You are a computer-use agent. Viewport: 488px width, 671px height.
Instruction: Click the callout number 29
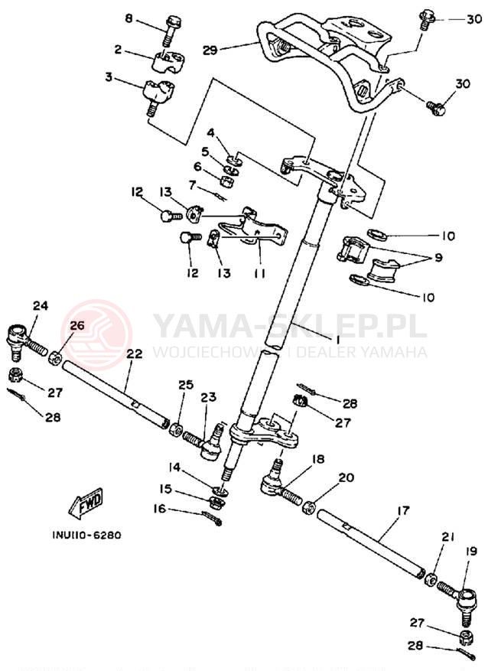[x=210, y=50]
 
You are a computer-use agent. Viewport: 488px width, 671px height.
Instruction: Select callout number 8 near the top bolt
[x=128, y=18]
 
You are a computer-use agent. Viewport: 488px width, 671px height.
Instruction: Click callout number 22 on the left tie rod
[x=135, y=354]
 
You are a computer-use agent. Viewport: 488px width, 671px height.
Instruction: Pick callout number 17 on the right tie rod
[x=403, y=509]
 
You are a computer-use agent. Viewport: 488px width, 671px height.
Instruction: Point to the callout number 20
[x=346, y=477]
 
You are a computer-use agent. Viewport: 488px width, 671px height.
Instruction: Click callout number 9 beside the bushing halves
[x=438, y=258]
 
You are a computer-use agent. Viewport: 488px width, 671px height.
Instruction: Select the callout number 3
[x=109, y=77]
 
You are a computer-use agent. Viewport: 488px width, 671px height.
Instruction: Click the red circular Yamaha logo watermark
[x=96, y=335]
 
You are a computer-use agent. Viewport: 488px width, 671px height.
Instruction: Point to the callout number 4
[x=210, y=133]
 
